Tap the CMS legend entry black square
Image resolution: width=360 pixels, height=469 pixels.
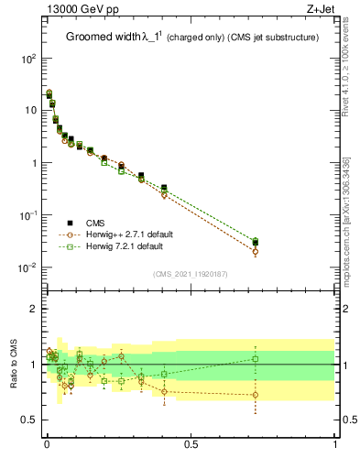point(69,223)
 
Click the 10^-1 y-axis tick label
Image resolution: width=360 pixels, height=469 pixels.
point(27,215)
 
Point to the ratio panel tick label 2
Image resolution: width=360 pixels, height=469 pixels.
point(33,309)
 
